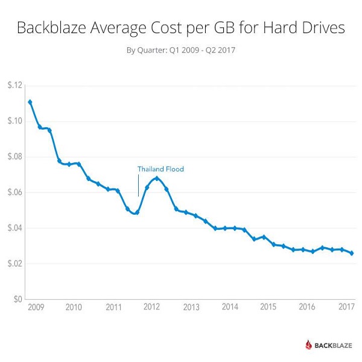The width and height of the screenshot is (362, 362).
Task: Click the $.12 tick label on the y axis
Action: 14,86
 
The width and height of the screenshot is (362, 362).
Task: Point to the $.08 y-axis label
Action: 14,157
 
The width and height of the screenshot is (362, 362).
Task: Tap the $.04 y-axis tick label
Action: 14,228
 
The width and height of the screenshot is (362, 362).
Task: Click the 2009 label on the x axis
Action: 34,307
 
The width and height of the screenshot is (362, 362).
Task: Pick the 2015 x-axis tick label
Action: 268,307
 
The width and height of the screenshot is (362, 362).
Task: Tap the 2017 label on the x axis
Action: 346,307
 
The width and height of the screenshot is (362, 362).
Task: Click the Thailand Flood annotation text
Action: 160,170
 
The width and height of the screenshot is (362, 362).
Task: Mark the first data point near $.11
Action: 30,102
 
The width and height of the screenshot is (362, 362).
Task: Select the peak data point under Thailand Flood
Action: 157,178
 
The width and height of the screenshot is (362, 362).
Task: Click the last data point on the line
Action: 352,253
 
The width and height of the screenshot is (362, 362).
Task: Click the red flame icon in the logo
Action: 309,345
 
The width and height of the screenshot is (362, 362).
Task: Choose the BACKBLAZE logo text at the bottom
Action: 334,345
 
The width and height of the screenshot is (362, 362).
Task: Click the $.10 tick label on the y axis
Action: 14,121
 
